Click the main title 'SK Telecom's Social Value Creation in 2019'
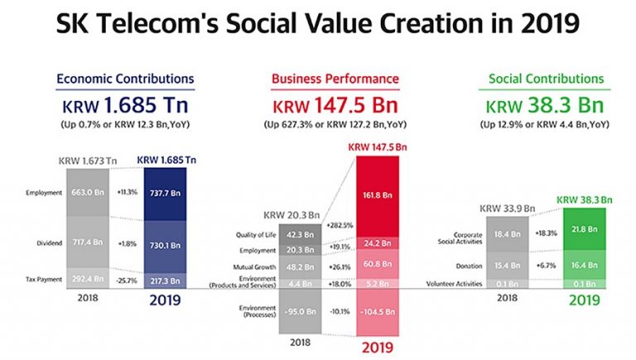(x=318, y=26)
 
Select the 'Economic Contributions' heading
(x=125, y=79)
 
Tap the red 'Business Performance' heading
(x=335, y=79)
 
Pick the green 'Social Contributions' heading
(x=546, y=79)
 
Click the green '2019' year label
(x=585, y=300)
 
